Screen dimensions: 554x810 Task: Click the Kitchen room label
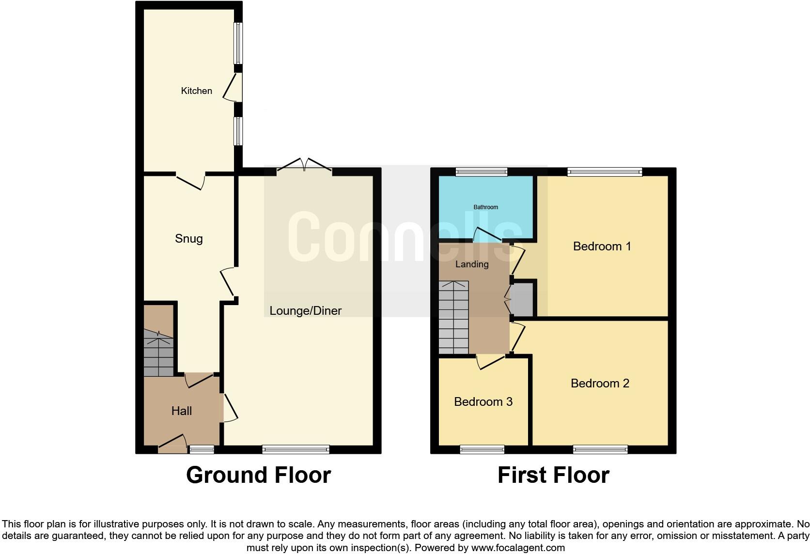pos(196,91)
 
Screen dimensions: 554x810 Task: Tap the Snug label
pos(188,239)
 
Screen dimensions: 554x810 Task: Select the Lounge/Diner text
pos(305,311)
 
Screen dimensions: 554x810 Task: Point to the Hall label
pos(182,411)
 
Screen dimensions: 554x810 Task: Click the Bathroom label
pos(485,207)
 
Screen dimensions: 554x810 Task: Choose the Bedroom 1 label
pos(602,246)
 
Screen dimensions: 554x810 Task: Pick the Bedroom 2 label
pos(600,384)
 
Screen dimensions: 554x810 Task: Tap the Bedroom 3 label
pos(483,402)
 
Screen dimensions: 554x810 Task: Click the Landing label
pos(471,264)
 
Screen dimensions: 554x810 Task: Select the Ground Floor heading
pos(258,475)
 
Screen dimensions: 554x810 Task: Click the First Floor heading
pos(553,475)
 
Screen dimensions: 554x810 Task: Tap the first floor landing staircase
pos(454,317)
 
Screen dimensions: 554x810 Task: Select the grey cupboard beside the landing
pos(522,299)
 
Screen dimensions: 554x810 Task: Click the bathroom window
pos(482,171)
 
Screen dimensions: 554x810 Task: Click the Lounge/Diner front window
pos(296,450)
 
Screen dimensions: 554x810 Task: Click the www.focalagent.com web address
pos(517,548)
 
